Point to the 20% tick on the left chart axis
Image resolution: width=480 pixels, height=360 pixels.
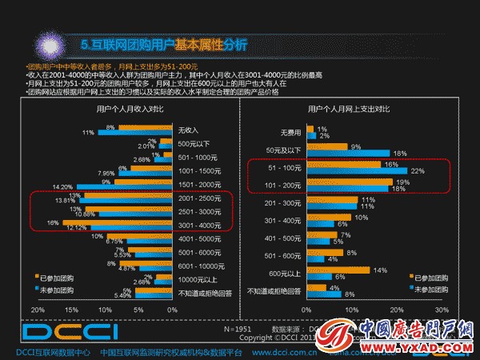(38, 309)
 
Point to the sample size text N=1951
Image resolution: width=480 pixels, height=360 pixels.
(238, 328)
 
